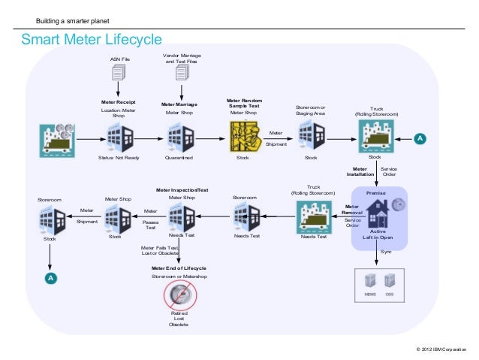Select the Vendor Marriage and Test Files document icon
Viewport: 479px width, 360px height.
[181, 73]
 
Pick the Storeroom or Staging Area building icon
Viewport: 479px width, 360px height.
[310, 138]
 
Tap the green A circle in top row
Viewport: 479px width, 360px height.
[420, 139]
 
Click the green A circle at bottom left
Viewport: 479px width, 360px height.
[50, 279]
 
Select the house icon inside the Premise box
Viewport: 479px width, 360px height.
[376, 217]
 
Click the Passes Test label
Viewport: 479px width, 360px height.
[150, 225]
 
